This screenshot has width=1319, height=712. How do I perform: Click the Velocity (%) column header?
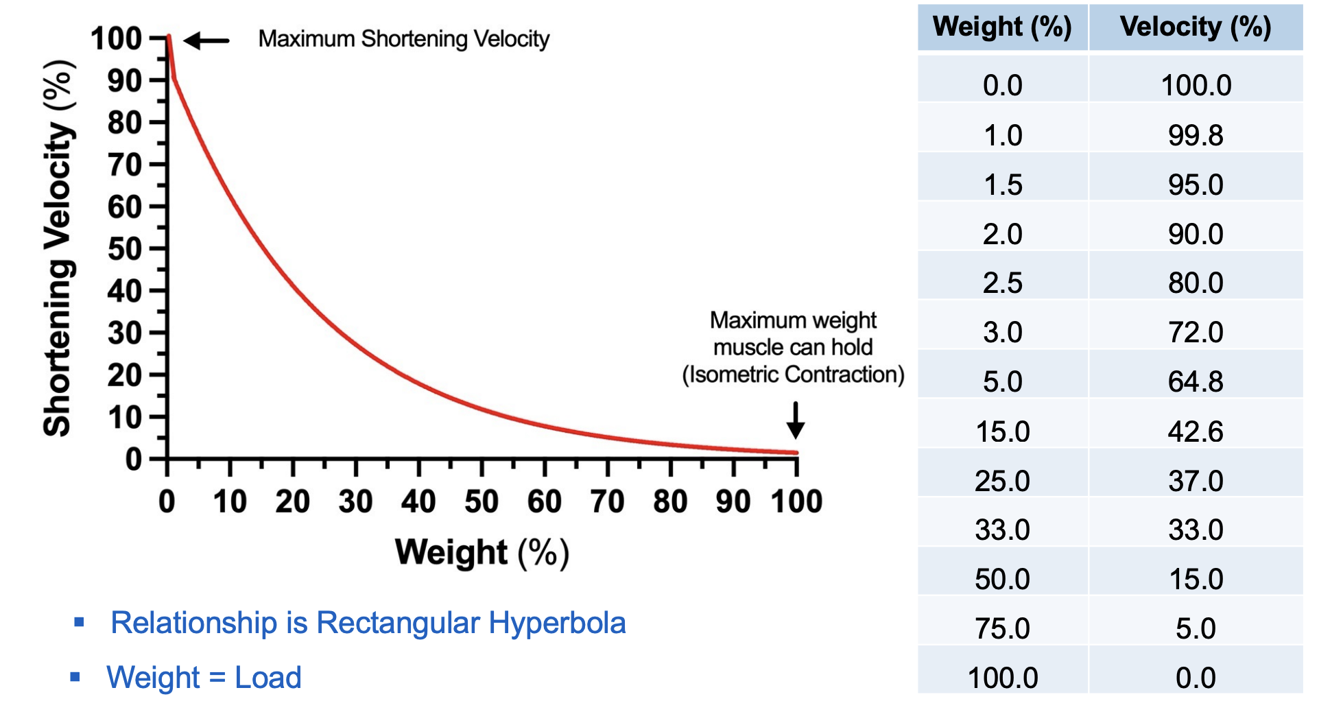pos(1195,27)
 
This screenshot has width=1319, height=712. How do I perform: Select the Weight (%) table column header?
pos(1002,27)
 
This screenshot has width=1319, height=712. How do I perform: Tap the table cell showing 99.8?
pos(1195,135)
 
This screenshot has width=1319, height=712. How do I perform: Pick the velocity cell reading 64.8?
pos(1195,381)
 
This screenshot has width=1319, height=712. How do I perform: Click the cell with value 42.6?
pos(1195,431)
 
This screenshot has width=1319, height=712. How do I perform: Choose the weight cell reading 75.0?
pos(1002,628)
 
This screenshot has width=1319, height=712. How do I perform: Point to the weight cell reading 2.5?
pos(1002,283)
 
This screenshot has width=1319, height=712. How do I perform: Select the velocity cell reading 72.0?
pos(1195,332)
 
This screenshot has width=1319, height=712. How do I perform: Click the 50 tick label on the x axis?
pos(482,501)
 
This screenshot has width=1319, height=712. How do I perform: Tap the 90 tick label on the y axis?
pos(124,81)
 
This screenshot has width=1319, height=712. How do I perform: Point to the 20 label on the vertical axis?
pos(124,375)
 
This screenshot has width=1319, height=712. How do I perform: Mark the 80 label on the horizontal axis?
pos(670,501)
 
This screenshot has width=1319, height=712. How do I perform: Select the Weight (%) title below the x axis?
pos(482,553)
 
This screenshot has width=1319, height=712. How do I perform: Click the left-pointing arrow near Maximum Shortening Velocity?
pos(206,41)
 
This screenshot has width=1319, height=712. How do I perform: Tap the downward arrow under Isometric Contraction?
pos(796,420)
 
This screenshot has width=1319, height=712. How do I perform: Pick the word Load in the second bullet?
pos(268,678)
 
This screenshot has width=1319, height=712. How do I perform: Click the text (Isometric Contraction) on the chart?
pos(793,375)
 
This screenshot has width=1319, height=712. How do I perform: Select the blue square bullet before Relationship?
pos(80,623)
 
